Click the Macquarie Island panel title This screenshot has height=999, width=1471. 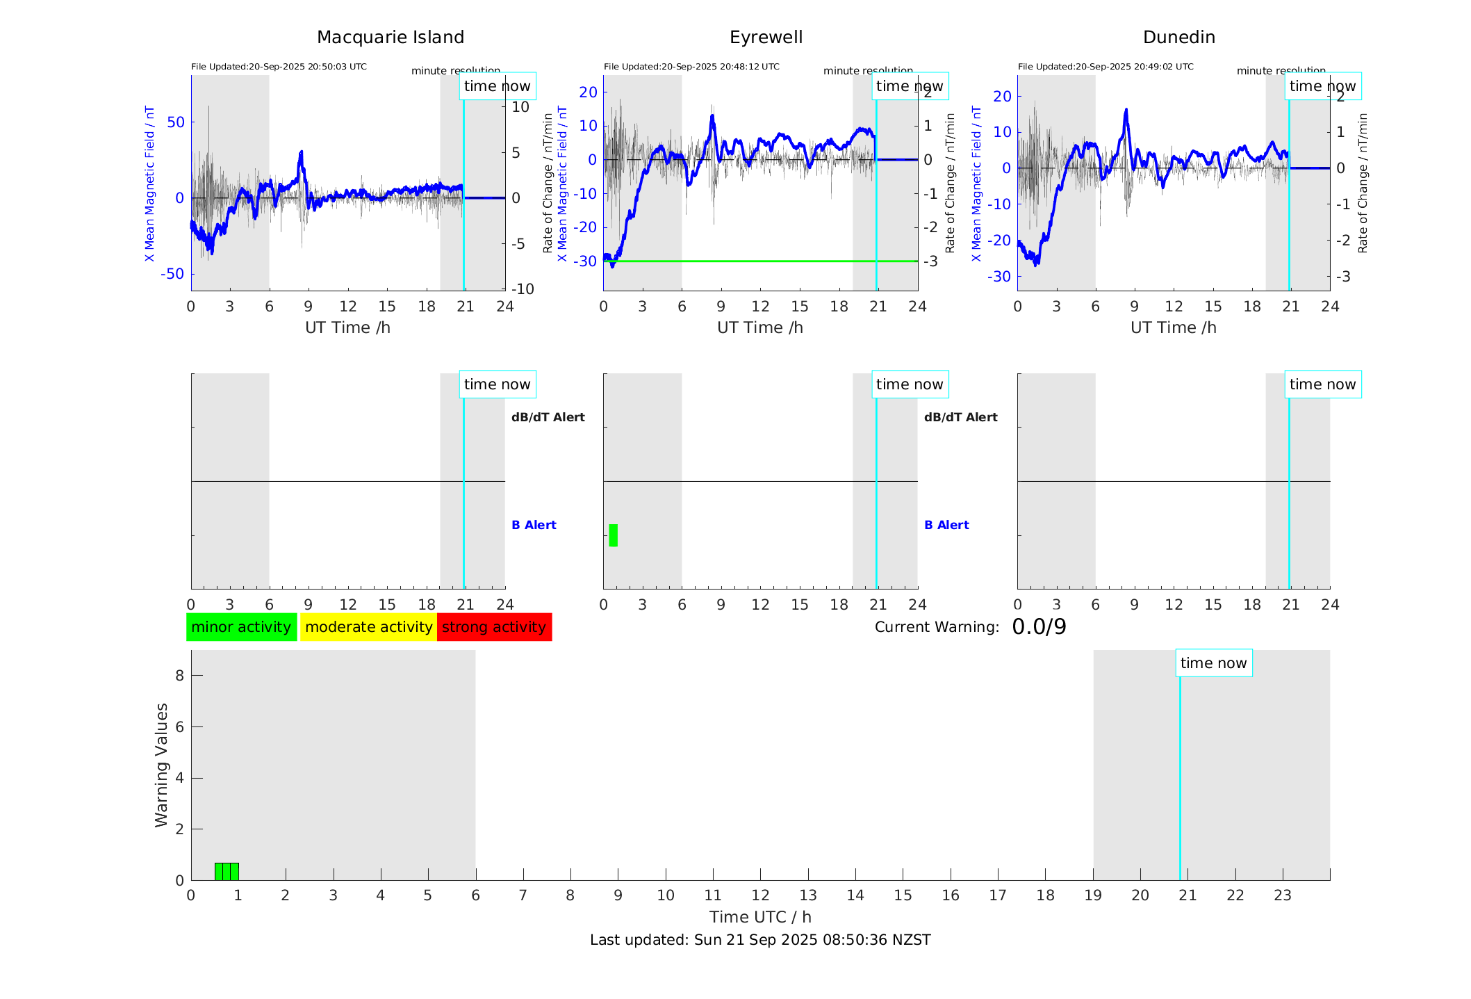(390, 38)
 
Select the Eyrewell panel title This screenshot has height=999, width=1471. (766, 38)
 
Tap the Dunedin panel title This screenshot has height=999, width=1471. (1178, 38)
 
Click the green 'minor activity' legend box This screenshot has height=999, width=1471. (241, 627)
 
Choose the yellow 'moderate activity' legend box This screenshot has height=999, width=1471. (368, 627)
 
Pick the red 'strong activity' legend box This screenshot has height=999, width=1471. (494, 627)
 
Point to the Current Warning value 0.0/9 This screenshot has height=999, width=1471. (1039, 627)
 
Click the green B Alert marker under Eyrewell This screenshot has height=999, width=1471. (613, 535)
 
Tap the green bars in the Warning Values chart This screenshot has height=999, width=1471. (227, 871)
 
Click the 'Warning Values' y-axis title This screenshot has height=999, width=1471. (162, 765)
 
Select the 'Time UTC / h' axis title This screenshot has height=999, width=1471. (760, 917)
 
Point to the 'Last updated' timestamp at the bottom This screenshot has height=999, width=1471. (760, 940)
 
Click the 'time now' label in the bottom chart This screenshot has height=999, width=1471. (1213, 663)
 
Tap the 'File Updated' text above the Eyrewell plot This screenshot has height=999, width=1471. (691, 67)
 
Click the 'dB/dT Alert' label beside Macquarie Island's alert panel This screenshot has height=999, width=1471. (548, 417)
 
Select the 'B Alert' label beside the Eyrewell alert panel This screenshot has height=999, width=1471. (946, 525)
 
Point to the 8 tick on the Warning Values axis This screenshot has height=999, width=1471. (179, 676)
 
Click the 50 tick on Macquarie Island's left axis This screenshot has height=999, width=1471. (176, 122)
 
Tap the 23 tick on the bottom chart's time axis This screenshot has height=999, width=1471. (1282, 895)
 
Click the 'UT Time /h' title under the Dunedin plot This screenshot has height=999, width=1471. (1173, 327)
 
